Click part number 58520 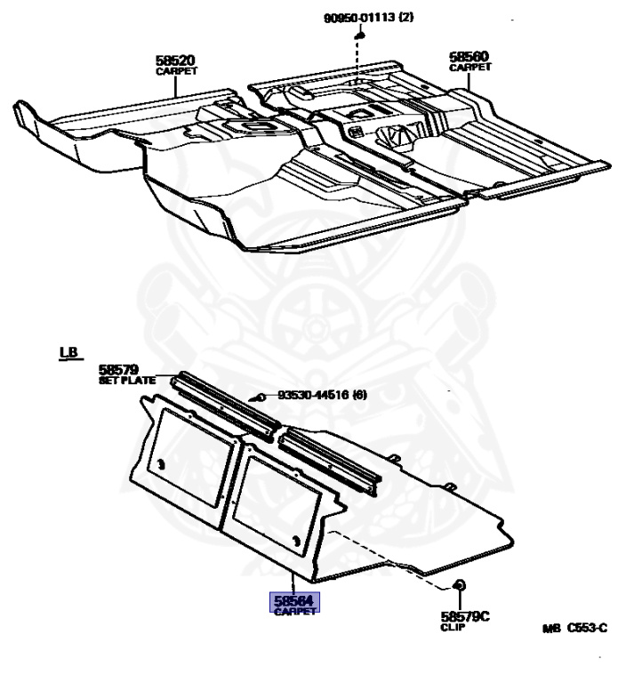point(175,60)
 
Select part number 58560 point(469,56)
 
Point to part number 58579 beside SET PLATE point(119,369)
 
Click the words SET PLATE point(126,381)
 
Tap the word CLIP point(453,627)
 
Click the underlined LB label point(68,352)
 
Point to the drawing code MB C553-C point(574,628)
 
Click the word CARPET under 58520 point(176,70)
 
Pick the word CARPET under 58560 point(469,67)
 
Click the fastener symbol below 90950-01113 point(361,35)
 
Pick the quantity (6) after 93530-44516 point(359,395)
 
